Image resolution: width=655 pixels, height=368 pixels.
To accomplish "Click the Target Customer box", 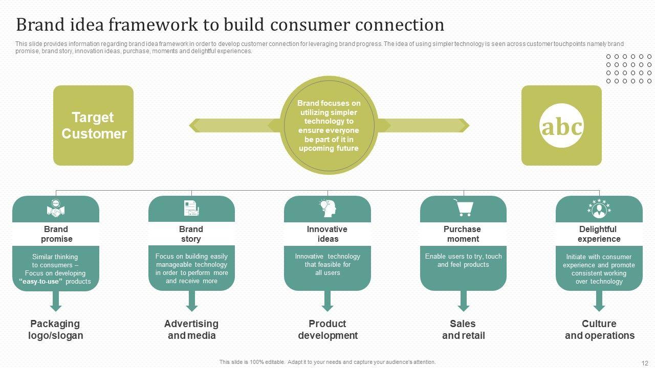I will tap(93, 125).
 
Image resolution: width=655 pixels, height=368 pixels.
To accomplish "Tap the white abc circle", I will tap(561, 126).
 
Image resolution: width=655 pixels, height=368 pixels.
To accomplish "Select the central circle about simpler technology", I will tap(329, 125).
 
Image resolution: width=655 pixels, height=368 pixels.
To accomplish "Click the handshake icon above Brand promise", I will tap(56, 209).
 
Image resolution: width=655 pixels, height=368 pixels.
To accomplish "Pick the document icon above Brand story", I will tap(191, 209).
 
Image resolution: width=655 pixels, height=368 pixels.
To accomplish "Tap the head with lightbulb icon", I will tap(327, 208).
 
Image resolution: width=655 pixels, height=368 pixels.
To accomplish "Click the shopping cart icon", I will tap(463, 208).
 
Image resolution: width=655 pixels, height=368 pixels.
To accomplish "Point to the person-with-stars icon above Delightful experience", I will tap(599, 209).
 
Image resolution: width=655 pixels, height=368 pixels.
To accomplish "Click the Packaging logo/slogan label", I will tap(55, 330).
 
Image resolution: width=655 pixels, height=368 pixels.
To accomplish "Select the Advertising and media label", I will tap(191, 330).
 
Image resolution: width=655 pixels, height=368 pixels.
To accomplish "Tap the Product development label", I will tap(327, 330).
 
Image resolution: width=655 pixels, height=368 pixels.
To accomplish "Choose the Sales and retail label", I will tap(463, 330).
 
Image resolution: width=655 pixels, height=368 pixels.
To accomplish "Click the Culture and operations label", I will tap(599, 330).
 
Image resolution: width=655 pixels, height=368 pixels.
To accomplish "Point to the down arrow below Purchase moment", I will tap(464, 301).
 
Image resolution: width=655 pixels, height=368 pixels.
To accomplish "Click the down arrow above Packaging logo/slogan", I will tap(56, 301).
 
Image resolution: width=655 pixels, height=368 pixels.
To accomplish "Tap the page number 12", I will tap(644, 362).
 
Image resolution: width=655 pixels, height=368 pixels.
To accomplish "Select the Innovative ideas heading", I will tap(327, 234).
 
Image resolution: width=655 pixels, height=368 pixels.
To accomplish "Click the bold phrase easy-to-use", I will tap(40, 282).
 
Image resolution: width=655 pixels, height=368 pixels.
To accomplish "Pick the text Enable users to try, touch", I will tap(463, 257).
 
